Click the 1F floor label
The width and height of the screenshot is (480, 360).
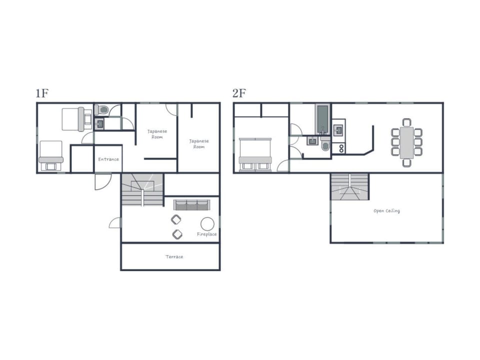point(42,93)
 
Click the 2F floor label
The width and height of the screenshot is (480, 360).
point(239,93)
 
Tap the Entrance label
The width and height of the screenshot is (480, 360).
point(108,159)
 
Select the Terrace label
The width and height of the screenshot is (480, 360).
point(174,257)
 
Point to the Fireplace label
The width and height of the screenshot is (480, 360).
point(206,234)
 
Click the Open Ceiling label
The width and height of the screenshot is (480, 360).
point(386,210)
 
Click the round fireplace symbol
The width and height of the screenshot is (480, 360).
point(207,224)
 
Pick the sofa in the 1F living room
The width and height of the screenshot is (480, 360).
point(191,205)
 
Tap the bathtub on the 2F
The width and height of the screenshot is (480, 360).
point(322,119)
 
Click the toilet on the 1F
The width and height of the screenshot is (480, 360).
point(101,109)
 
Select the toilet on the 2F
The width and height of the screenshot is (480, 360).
point(325,143)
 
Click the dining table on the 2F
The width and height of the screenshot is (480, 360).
point(406,142)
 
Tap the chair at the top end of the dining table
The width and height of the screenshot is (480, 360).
point(406,122)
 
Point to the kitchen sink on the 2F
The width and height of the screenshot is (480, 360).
point(338,130)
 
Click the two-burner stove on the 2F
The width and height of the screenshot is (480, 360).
point(341,148)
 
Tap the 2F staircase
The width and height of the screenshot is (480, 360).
point(349,186)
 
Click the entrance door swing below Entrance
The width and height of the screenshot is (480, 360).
point(103,181)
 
